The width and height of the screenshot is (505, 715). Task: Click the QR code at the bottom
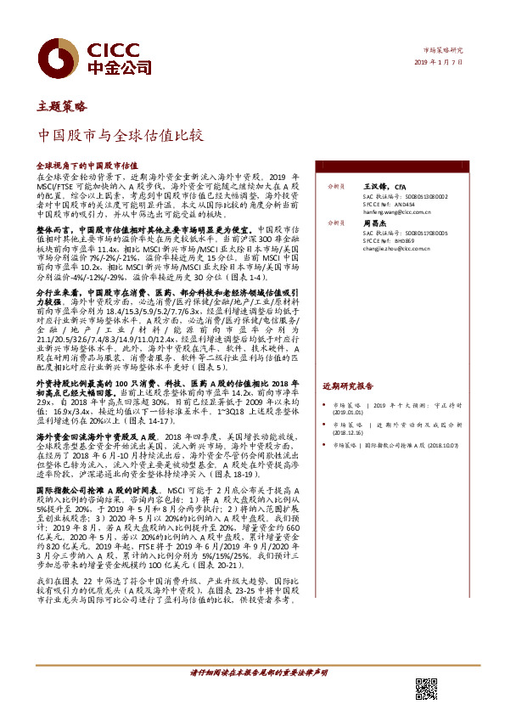click(426, 689)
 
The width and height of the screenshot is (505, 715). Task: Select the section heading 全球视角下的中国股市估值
click(87, 166)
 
